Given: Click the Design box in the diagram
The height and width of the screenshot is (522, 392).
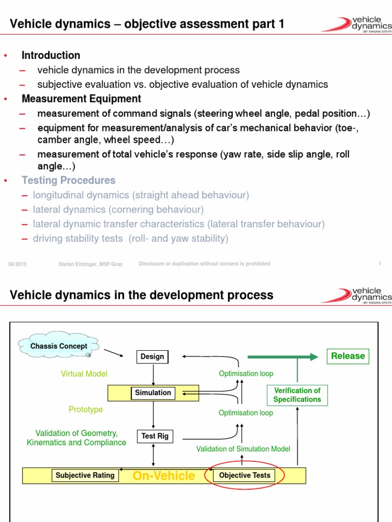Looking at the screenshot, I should (x=152, y=356).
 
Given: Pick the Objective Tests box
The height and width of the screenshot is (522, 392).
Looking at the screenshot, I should (x=244, y=476).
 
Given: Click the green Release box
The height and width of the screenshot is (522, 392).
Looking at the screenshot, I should (x=348, y=356).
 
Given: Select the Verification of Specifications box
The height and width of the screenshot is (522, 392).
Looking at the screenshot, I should (x=297, y=395).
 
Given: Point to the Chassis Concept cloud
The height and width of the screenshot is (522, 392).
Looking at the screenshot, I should (x=59, y=347).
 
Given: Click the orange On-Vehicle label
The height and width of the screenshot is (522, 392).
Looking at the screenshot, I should (x=163, y=476).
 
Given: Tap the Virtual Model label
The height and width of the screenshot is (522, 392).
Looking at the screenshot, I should (x=84, y=374).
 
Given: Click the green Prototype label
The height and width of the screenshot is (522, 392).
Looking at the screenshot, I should (x=86, y=409).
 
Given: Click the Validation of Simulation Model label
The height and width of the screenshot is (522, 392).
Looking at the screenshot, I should (x=243, y=449).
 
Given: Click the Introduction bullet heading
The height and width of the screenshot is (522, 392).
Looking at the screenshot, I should (x=51, y=55).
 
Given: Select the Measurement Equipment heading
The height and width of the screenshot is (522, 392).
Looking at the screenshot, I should (x=81, y=98).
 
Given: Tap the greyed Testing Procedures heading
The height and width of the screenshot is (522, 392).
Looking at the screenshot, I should (x=68, y=180).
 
